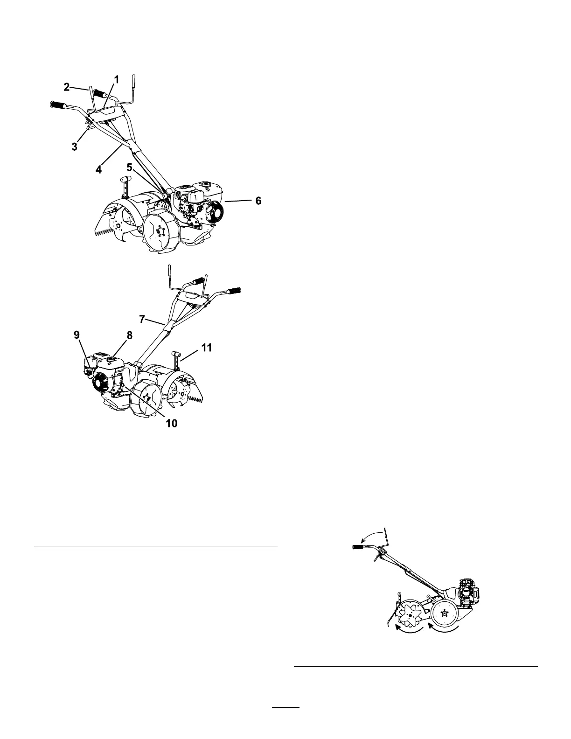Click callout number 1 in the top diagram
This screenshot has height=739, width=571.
point(117,80)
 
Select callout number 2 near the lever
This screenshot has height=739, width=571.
point(66,86)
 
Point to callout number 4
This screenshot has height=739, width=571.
point(98,170)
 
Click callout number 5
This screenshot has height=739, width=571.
point(130,167)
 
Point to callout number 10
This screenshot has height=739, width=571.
point(172,423)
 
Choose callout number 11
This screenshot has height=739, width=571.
point(207,348)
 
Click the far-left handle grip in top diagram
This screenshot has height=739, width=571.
point(59,104)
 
